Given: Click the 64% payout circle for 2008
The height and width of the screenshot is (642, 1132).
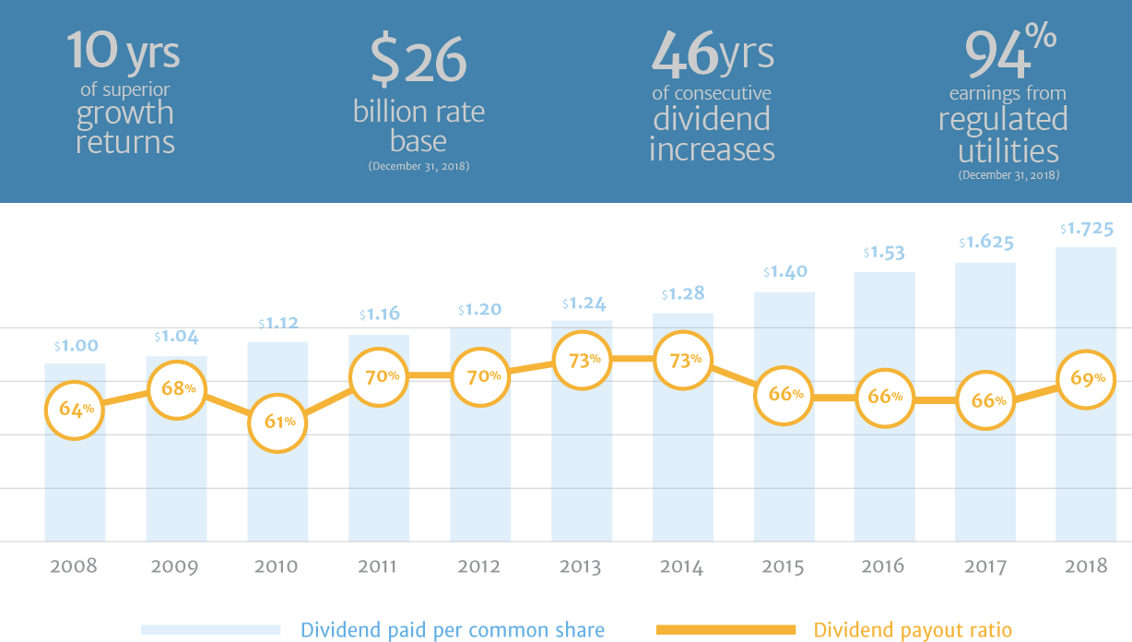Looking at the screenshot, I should click(x=75, y=408).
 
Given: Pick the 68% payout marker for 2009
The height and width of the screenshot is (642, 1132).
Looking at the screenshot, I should click(x=176, y=387).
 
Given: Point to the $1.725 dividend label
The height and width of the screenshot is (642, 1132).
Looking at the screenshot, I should click(x=1087, y=228).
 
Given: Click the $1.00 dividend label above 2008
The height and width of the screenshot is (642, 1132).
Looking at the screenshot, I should click(x=75, y=346).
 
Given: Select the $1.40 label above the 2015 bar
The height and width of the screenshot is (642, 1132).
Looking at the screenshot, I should click(x=784, y=272).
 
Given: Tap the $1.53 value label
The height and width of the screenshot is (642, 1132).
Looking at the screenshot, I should click(x=884, y=252).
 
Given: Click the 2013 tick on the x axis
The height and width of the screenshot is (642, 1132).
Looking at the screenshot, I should click(x=581, y=565).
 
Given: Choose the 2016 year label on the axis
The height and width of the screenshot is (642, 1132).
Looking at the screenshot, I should click(x=884, y=565).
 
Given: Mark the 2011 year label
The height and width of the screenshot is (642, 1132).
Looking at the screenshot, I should click(x=378, y=565).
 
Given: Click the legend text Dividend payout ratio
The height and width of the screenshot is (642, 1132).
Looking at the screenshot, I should click(x=912, y=630).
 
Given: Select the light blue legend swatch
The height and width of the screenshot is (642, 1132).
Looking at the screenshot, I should click(x=210, y=630).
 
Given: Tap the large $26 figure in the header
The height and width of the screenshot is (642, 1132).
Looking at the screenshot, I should click(x=419, y=61).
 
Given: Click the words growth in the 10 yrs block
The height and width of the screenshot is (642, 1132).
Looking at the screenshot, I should click(x=124, y=113).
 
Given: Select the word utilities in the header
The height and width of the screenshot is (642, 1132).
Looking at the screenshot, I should click(x=1008, y=150).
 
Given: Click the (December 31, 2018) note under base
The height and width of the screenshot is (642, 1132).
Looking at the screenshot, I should click(x=419, y=167).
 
